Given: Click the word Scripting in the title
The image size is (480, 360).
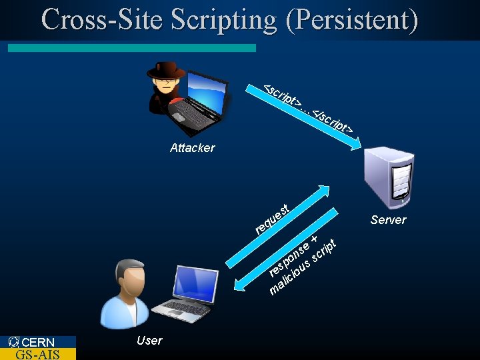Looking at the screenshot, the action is (x=223, y=19).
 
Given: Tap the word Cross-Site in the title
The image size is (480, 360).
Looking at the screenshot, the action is (x=103, y=19).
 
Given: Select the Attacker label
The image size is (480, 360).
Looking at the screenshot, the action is (x=192, y=148).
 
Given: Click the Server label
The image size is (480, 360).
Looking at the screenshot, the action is (x=388, y=220).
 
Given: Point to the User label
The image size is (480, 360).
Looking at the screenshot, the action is (x=149, y=341).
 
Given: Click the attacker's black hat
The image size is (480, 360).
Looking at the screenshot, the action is (x=165, y=69).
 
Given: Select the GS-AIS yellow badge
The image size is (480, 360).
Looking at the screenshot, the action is (x=38, y=354).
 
